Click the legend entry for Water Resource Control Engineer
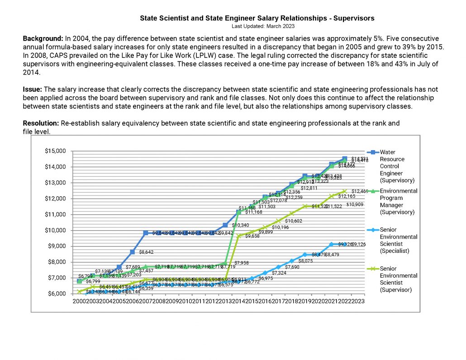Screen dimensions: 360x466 [392, 165]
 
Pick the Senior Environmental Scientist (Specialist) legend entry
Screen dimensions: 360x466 [398, 240]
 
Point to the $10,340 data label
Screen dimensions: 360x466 [240, 225]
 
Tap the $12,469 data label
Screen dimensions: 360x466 [360, 191]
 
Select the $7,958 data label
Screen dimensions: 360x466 [243, 263]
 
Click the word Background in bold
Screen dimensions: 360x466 [43, 39]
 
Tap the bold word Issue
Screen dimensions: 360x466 [32, 90]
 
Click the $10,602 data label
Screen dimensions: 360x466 [293, 221]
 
